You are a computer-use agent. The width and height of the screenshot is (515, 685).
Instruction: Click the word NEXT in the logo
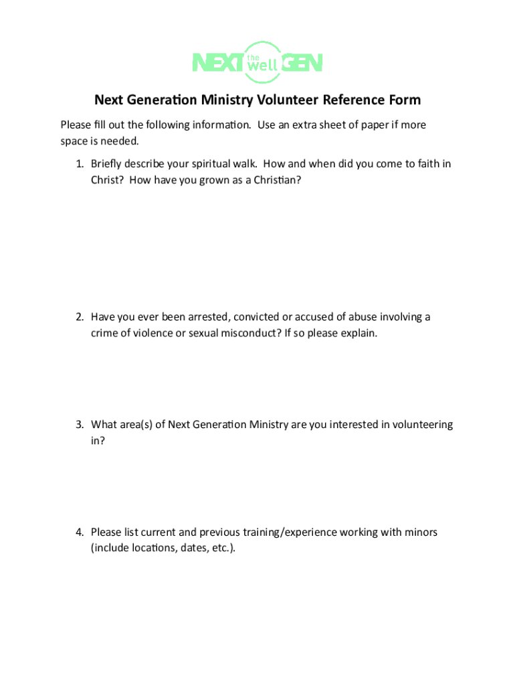[217, 63]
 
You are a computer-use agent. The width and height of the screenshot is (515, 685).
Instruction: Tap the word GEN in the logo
[302, 63]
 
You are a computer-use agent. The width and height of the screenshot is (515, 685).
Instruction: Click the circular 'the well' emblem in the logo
[262, 62]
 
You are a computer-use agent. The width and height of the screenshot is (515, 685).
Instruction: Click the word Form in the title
[405, 100]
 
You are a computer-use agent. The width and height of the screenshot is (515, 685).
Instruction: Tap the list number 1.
[78, 164]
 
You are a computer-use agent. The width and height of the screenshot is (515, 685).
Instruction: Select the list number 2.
[78, 317]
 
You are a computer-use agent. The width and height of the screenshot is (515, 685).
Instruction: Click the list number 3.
[78, 425]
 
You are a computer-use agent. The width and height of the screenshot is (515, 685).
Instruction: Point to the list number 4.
[78, 532]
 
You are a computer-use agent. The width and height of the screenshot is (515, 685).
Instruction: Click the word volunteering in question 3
[423, 425]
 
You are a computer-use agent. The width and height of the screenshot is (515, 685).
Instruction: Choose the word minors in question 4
[419, 532]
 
